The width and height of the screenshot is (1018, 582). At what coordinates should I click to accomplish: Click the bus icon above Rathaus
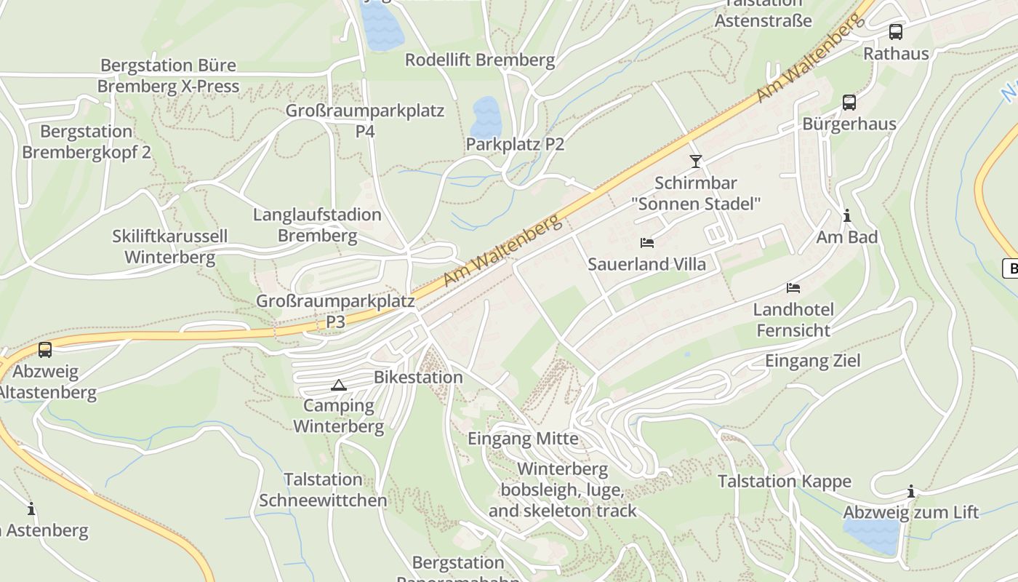tap(896, 32)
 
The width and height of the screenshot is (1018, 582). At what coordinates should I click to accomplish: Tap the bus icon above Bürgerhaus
tap(849, 103)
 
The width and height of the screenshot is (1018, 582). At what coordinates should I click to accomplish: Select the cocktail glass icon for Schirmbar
tap(696, 162)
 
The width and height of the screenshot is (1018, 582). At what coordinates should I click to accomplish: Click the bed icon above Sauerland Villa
tap(646, 243)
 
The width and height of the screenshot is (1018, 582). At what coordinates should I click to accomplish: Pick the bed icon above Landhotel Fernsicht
tap(793, 288)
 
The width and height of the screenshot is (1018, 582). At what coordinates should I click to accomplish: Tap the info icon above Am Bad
tap(846, 216)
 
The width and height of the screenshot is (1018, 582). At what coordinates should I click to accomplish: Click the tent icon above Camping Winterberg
tap(338, 385)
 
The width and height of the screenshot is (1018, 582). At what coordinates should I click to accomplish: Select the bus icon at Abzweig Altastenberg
tap(45, 350)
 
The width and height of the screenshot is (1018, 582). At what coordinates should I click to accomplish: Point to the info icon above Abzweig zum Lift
tap(910, 491)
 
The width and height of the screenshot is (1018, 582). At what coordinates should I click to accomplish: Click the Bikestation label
tap(418, 377)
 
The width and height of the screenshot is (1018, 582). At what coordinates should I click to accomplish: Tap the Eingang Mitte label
tap(523, 439)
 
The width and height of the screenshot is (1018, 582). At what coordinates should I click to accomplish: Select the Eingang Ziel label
tap(812, 361)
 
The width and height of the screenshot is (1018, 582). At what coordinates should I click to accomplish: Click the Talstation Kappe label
tap(784, 482)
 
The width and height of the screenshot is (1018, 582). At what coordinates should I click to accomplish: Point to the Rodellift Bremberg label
tap(480, 60)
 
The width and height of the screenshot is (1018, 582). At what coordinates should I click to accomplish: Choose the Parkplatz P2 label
tap(515, 144)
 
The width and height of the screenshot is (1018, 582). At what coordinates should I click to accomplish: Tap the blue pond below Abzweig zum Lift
tap(872, 535)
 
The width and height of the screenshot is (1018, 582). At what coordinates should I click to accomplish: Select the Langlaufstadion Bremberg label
tap(317, 225)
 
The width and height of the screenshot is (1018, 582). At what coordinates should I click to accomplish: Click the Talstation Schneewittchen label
tap(324, 490)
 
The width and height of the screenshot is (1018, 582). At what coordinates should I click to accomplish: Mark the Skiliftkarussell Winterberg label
tap(169, 247)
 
